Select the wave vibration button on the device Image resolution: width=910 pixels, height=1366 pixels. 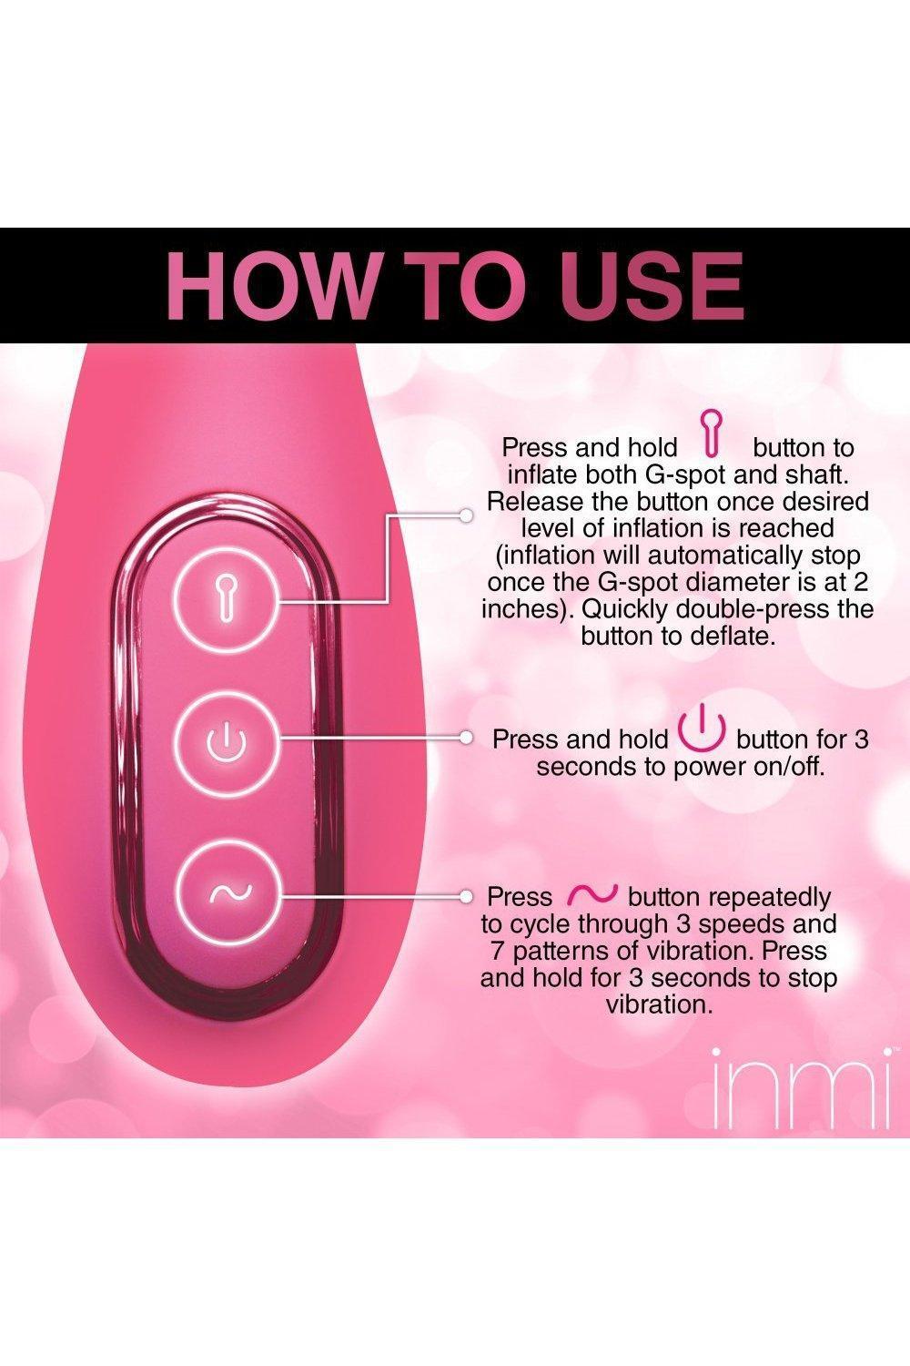click(230, 894)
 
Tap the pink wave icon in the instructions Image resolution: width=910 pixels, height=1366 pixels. click(591, 893)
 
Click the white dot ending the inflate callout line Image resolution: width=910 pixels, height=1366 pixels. click(466, 515)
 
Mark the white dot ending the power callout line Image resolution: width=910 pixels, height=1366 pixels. click(466, 738)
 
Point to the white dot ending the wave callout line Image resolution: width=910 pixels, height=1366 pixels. click(466, 896)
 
